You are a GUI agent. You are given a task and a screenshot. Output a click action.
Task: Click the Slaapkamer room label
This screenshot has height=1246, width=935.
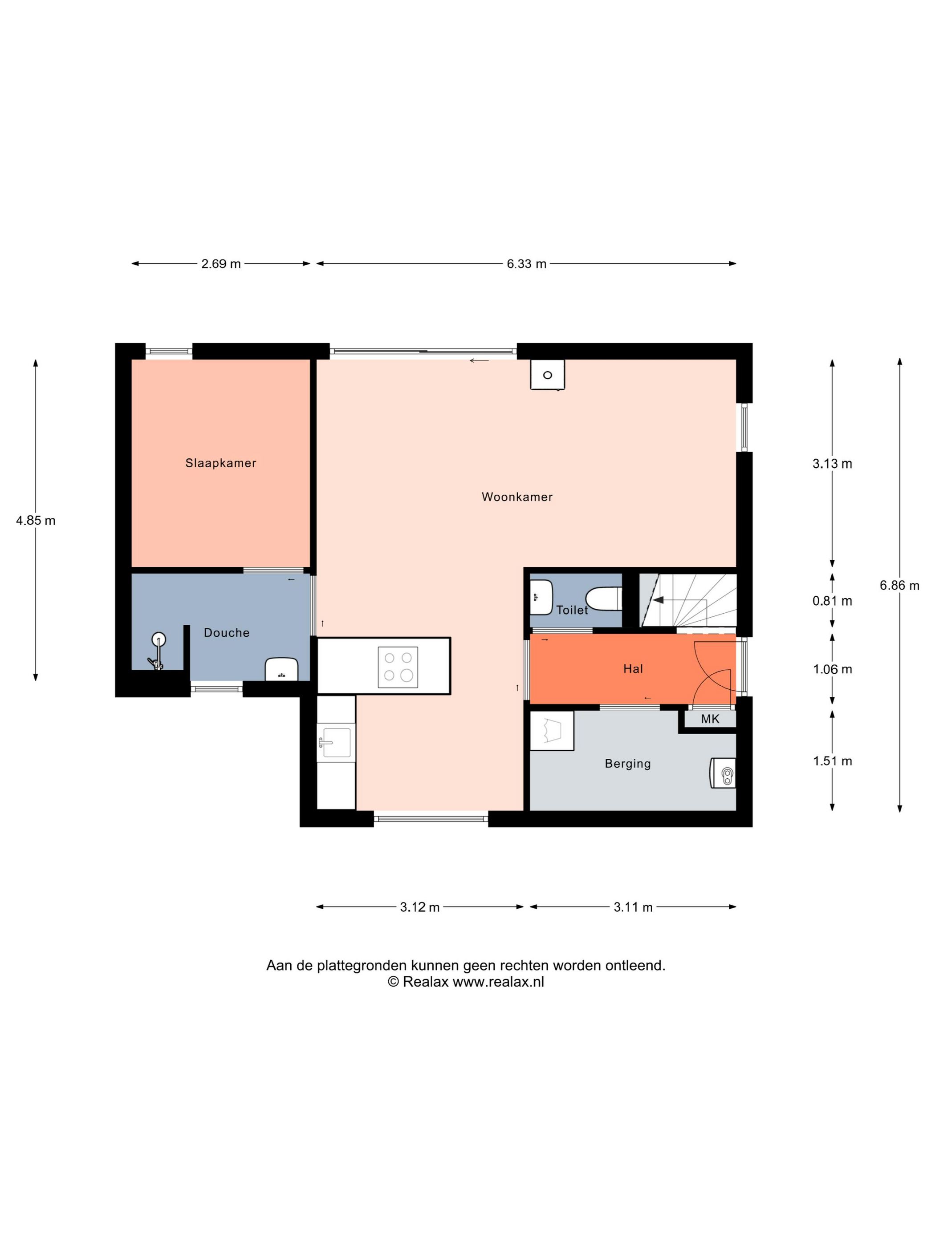pos(220,463)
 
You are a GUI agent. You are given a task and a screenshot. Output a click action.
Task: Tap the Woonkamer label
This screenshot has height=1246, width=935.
pos(517,497)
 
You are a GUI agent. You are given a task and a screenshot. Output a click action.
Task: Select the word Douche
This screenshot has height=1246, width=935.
pos(227,633)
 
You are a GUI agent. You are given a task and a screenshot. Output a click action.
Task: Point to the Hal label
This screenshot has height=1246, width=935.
pos(633,669)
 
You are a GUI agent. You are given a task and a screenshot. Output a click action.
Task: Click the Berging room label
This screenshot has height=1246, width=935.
pos(628,764)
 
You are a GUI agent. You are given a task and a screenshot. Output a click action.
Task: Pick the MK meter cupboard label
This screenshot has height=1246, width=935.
pos(710,719)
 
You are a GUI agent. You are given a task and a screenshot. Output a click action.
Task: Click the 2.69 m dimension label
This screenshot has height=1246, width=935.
pos(221,263)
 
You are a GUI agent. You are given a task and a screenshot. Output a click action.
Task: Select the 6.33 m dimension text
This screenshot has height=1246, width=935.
pos(526,263)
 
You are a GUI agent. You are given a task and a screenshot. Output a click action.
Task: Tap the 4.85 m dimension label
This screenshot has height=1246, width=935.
pos(36,521)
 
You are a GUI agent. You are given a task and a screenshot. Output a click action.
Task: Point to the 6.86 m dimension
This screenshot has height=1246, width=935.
pos(899,585)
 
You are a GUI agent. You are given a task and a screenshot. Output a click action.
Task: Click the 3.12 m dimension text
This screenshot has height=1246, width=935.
pos(420,907)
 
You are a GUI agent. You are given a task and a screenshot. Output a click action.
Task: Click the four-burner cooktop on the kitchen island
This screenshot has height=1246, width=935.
pos(398,667)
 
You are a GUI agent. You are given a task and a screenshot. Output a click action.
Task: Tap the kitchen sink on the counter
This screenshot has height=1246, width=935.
pos(336,742)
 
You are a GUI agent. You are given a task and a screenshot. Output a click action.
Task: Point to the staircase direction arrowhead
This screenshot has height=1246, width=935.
pos(658,600)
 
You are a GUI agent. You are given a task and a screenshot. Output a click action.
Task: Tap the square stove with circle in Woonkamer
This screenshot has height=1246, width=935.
pos(547,375)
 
